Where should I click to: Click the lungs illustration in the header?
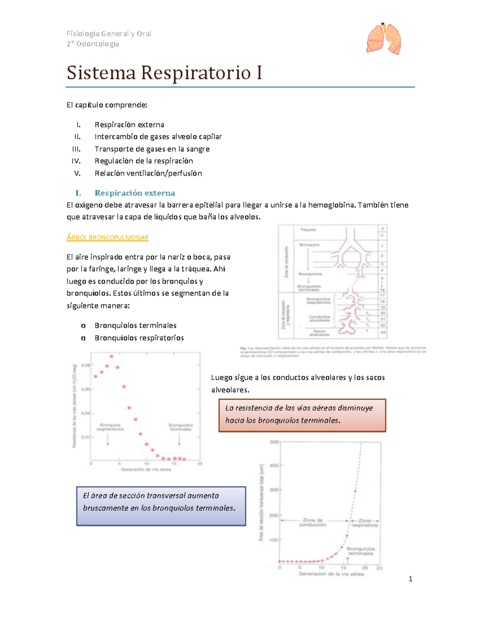(x=384, y=39)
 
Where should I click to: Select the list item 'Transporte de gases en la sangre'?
(x=152, y=149)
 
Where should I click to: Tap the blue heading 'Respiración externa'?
(x=135, y=193)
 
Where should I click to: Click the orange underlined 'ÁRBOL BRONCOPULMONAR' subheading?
(x=107, y=238)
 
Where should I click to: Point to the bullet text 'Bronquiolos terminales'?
(x=136, y=326)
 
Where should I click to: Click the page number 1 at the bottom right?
(x=410, y=579)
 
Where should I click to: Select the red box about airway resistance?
(x=302, y=415)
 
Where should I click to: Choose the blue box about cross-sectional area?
(x=161, y=506)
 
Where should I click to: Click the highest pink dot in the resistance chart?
(x=112, y=356)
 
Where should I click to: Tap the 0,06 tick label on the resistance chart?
(x=86, y=389)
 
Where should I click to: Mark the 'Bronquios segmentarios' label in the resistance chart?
(x=110, y=427)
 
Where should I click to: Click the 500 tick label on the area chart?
(x=274, y=442)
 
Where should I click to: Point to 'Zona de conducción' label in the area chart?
(x=313, y=522)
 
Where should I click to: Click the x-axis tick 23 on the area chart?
(x=379, y=568)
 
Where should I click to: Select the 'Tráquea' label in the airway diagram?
(x=308, y=230)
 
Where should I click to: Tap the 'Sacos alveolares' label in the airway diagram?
(x=319, y=333)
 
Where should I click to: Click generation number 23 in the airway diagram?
(x=383, y=332)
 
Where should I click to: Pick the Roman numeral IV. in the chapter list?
(x=76, y=161)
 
